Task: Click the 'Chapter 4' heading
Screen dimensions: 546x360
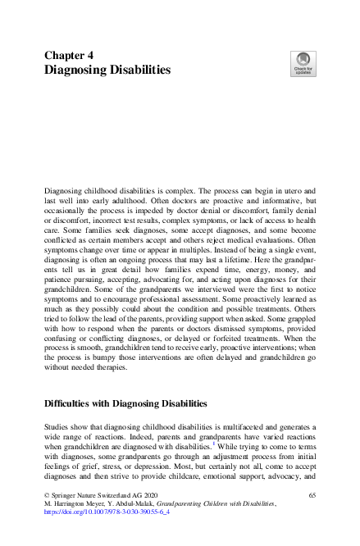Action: click(x=69, y=55)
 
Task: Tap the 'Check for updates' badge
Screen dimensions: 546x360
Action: click(x=303, y=63)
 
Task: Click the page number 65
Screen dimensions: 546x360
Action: click(x=312, y=496)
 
